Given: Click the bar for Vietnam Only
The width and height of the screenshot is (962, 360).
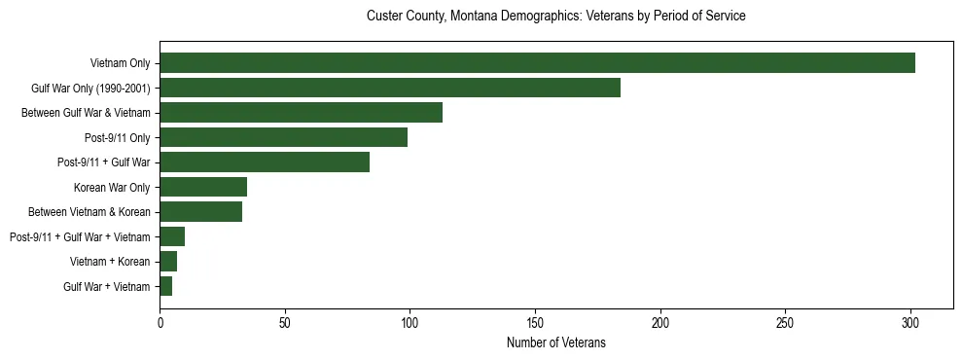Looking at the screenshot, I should [537, 63].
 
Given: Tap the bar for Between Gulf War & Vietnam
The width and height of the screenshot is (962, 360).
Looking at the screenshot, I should [301, 113].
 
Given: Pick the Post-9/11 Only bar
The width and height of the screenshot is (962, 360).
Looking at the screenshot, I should [283, 137].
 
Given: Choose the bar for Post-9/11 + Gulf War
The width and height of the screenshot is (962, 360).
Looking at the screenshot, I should [265, 162].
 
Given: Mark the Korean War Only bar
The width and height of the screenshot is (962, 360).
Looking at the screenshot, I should [203, 187].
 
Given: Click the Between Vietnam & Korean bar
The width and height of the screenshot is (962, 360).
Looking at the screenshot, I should [200, 212].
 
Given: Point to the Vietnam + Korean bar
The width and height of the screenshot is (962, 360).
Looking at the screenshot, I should [168, 262].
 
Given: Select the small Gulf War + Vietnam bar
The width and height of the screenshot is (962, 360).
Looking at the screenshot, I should [166, 286].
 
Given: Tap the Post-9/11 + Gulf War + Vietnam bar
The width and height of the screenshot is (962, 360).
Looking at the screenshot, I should [172, 236].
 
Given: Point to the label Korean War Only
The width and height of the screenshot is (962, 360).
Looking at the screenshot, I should [112, 187].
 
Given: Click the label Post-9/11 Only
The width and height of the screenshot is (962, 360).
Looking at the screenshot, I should [117, 137].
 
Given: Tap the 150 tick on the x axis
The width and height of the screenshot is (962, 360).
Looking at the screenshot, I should [535, 320].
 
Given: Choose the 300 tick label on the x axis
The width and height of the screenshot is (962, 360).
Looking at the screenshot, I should [910, 320].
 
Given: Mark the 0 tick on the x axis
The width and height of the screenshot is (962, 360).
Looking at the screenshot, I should [160, 320].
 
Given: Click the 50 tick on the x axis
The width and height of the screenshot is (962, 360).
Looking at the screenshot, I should [285, 320].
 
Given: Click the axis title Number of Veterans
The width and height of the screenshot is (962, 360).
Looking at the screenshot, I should [555, 342].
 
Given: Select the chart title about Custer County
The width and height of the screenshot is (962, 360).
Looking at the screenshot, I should [555, 17].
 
